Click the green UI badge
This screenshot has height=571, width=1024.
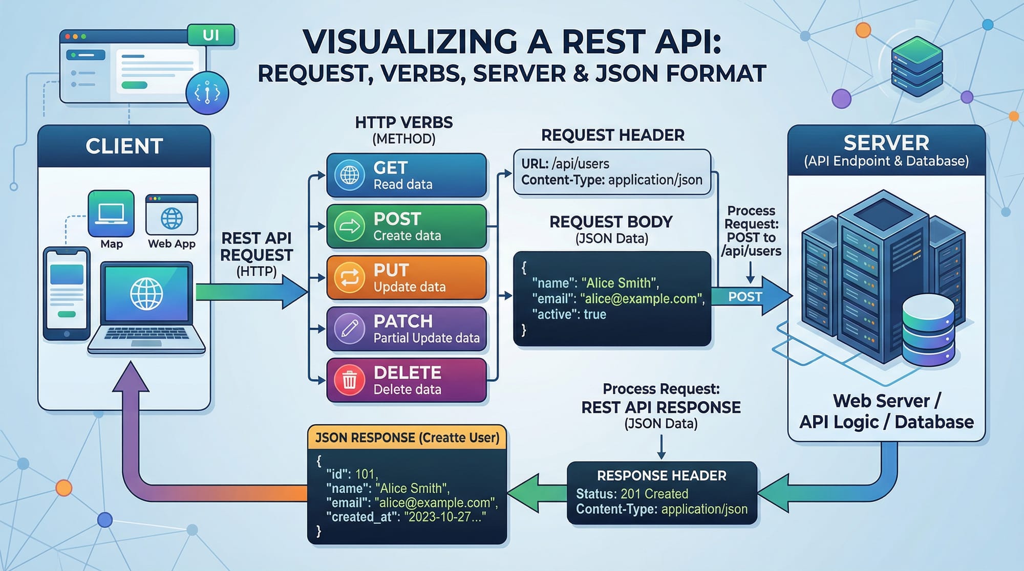point(211,35)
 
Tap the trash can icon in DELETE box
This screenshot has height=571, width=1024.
point(350,380)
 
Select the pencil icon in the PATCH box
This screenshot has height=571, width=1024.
point(350,328)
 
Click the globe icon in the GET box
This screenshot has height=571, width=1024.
point(350,175)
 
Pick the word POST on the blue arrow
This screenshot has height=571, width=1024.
point(745,297)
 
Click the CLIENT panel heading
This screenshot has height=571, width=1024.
point(124,146)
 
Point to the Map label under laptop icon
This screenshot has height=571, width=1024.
point(112,244)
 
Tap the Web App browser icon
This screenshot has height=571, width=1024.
point(172,215)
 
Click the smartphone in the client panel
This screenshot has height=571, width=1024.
point(67,294)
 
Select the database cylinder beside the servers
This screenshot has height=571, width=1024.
point(928,330)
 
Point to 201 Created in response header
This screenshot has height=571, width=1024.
point(654,494)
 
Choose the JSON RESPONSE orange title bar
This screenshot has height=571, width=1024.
point(407,437)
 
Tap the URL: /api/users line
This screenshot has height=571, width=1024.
point(565,164)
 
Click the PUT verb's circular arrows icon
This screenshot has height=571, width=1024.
point(350,277)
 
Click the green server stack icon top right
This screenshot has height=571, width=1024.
point(916,67)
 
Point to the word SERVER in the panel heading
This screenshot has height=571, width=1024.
point(886,143)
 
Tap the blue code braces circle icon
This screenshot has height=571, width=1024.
point(207,93)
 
